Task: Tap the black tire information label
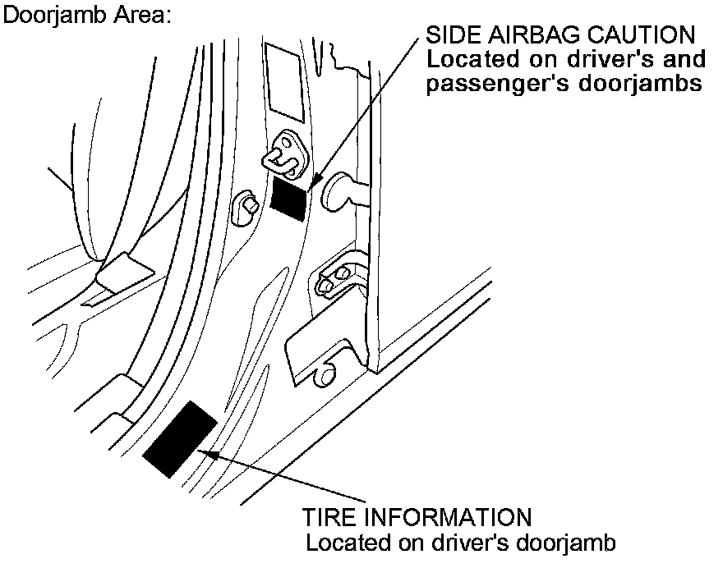[180, 439]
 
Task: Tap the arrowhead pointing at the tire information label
[210, 450]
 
